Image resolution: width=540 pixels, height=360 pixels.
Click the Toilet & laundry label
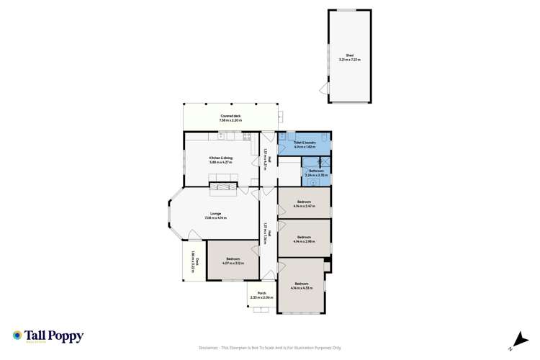point(305,144)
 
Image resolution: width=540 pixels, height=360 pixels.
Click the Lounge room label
point(215,215)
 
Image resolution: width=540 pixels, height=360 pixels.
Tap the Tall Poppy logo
point(48,336)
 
